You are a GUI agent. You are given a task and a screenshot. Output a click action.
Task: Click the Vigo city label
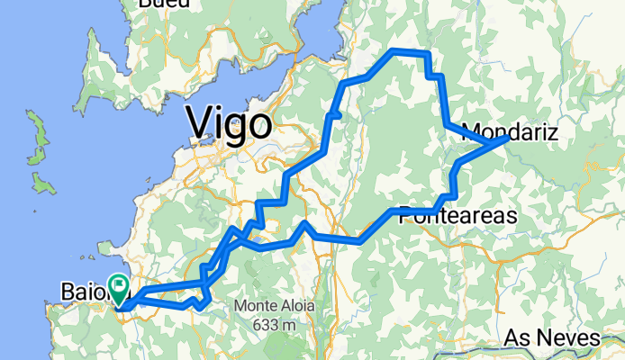pos(229,123)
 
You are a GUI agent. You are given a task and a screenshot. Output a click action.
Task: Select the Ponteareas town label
pos(457,217)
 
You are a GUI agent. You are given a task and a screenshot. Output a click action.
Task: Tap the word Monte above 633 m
pos(256,306)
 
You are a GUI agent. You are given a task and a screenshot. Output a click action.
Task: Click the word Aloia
pos(297,306)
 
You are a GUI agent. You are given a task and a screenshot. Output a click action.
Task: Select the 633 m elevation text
pos(276,324)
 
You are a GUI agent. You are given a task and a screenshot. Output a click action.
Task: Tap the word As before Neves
pos(516,338)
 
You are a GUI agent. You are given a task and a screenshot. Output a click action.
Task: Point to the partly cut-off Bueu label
pos(163,4)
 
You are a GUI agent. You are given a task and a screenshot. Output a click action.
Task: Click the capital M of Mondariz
pos(471,133)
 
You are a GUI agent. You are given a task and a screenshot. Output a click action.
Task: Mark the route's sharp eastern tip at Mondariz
pos(508,139)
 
